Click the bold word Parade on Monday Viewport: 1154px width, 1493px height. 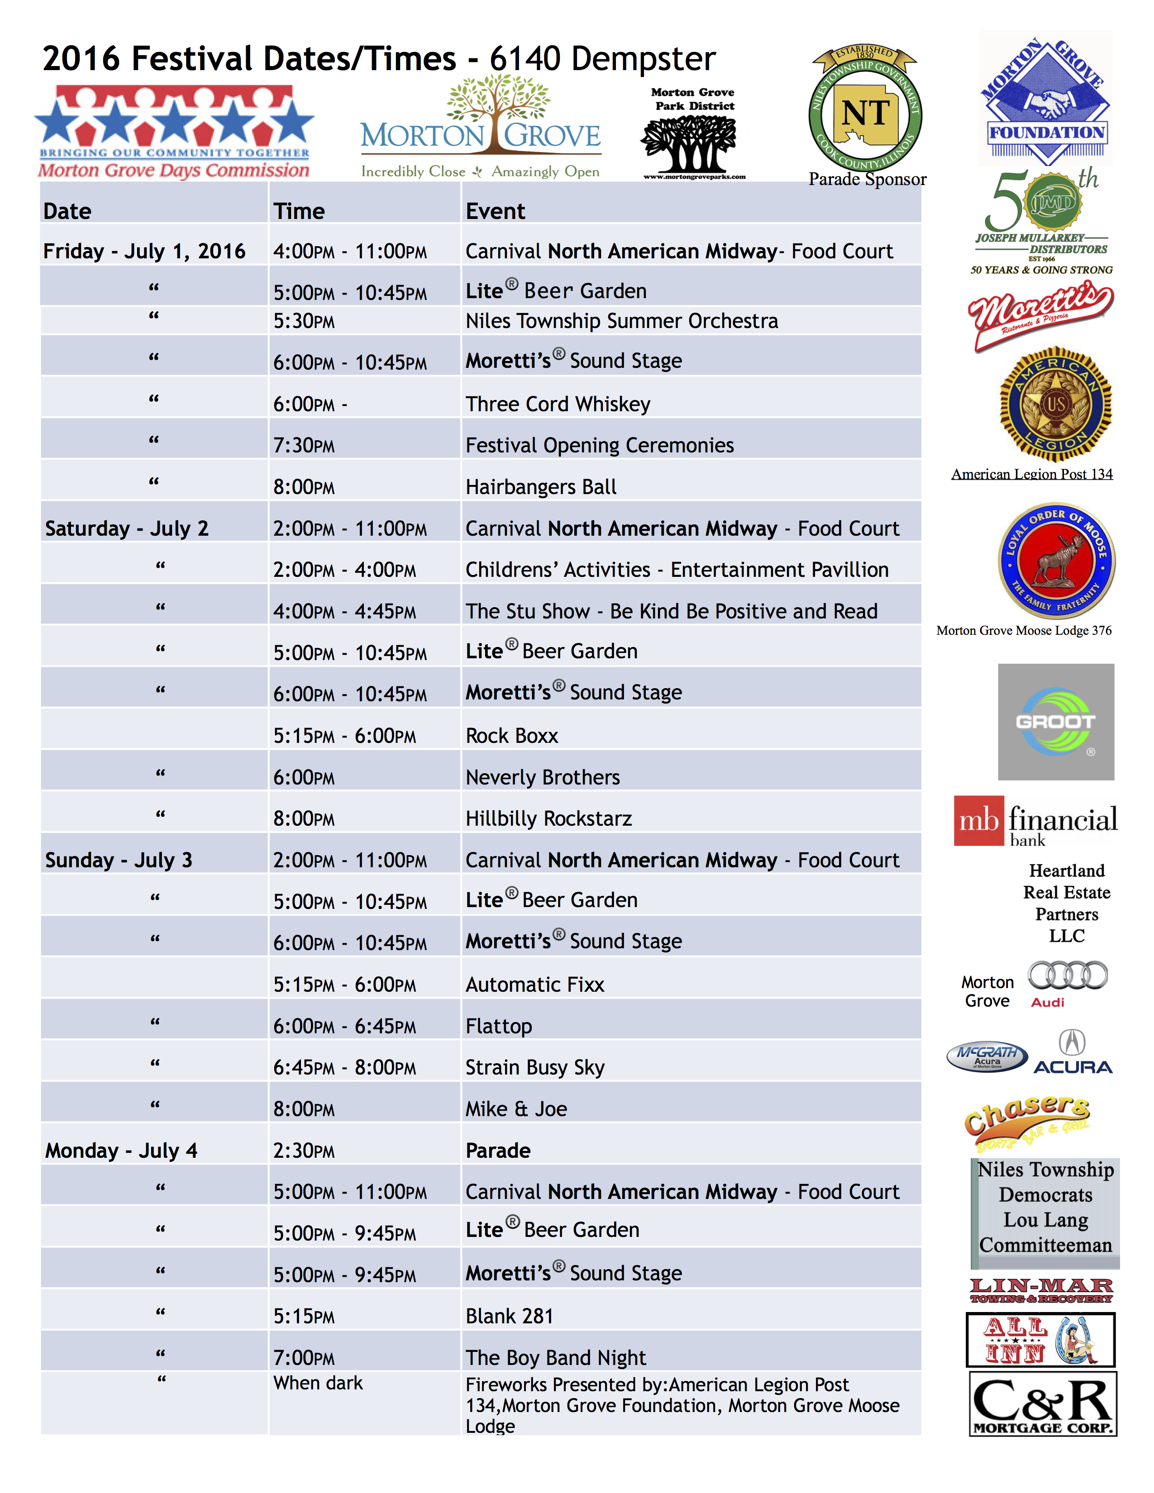498,1151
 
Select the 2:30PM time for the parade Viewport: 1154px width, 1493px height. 304,1151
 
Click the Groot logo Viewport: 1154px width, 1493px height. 1055,722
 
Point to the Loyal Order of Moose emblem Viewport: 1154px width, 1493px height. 1057,561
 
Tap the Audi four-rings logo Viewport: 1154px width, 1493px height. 1068,975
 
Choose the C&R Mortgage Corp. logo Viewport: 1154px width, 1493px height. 1043,1403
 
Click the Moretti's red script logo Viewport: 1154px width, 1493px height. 1040,314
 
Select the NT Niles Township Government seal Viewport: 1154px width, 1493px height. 865,111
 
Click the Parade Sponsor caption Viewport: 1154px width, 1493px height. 867,179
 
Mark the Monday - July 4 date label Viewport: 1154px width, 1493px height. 121,1151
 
